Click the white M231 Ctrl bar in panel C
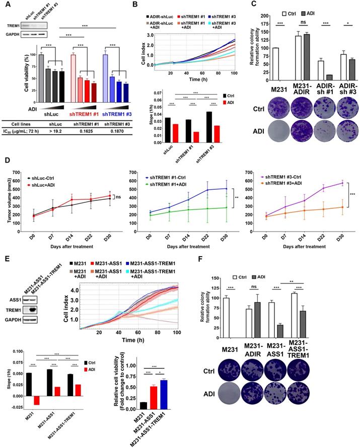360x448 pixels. (x=275, y=64)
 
